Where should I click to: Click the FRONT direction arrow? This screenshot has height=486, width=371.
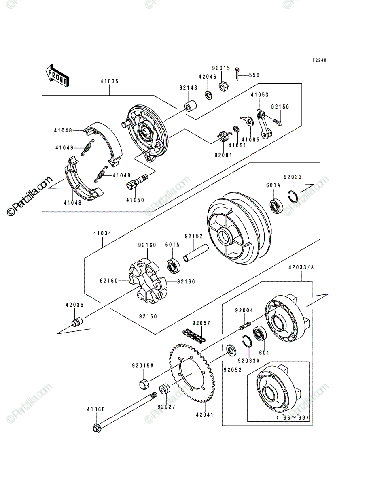[57, 75]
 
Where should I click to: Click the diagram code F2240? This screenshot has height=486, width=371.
[319, 60]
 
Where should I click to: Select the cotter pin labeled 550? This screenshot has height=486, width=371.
[237, 74]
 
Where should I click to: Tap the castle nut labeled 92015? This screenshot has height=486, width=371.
[224, 85]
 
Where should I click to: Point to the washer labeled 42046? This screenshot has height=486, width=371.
[208, 95]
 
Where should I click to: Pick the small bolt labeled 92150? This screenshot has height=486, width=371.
[277, 122]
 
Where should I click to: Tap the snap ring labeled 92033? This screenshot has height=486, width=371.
[293, 196]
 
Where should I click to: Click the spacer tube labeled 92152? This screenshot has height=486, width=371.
[196, 253]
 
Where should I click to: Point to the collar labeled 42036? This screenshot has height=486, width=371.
[77, 322]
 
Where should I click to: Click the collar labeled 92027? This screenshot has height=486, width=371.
[165, 390]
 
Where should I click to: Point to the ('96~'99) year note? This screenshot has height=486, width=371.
[293, 418]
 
